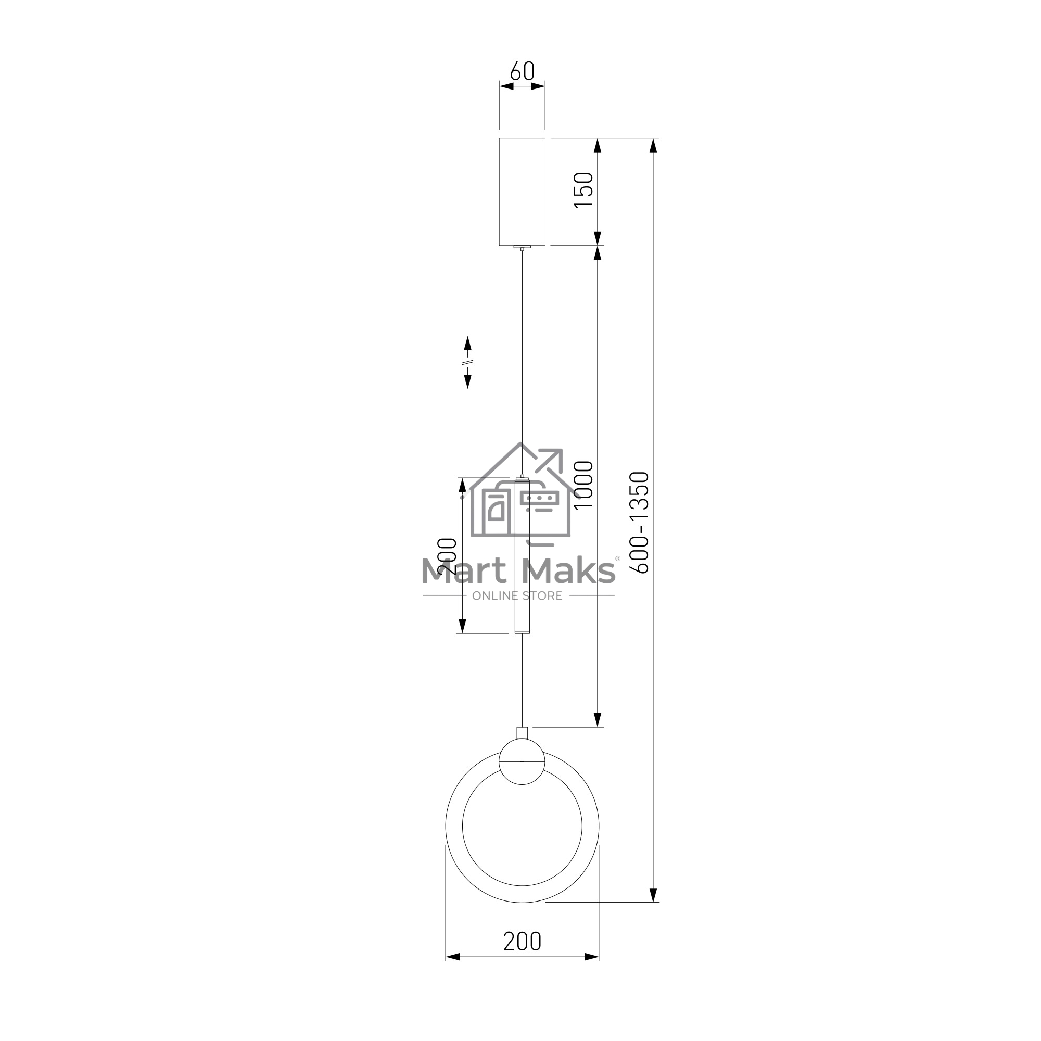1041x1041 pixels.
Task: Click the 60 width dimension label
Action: pos(522,71)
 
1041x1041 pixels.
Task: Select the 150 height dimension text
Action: pos(583,190)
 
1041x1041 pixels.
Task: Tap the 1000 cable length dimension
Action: pos(583,485)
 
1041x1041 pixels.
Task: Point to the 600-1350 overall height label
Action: pos(640,522)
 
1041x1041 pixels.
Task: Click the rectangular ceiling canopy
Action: pos(522,192)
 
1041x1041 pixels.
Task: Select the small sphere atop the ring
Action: pos(522,761)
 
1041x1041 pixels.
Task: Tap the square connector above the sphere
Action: pos(522,733)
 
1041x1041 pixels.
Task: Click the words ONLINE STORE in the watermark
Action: pos(517,596)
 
